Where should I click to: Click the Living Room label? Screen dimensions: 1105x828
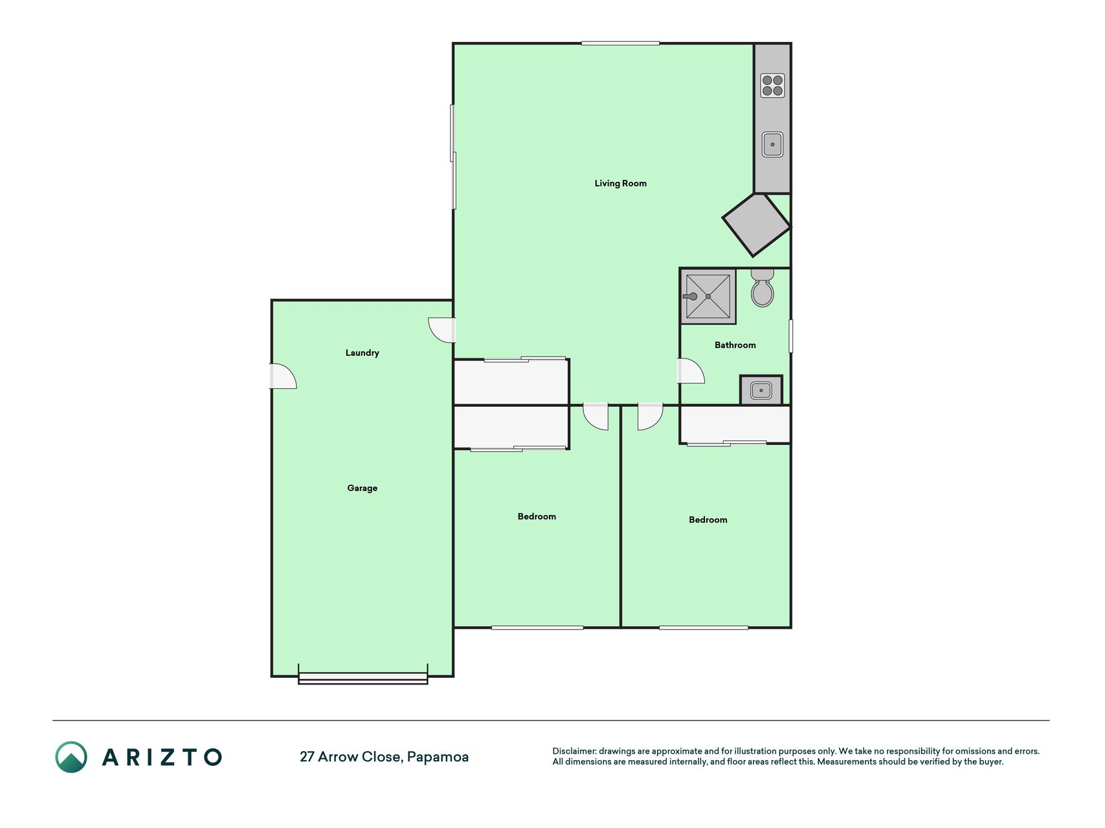620,183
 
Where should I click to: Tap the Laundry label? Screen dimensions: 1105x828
362,353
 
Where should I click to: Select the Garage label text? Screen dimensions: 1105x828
362,488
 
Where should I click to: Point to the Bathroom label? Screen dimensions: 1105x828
735,345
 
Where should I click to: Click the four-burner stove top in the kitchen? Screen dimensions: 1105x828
772,85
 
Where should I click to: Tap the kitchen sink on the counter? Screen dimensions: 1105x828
772,144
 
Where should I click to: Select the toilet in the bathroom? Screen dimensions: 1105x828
762,288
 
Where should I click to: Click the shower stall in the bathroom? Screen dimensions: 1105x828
708,296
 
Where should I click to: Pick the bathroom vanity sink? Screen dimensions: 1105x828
761,390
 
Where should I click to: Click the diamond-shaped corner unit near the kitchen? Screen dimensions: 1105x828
756,224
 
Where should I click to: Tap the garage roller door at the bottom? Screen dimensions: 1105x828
363,677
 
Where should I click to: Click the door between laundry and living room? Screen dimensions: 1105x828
443,330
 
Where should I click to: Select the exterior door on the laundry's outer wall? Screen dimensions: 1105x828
283,376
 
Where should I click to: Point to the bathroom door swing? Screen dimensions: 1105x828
690,371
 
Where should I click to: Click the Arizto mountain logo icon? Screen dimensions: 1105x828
71,757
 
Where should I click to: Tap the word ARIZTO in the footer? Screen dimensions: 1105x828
162,757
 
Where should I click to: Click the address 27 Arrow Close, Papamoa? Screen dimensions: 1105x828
384,757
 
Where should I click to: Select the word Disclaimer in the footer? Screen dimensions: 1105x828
574,751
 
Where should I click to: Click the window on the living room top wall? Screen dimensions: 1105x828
620,43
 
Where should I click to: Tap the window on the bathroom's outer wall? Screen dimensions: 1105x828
790,336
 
